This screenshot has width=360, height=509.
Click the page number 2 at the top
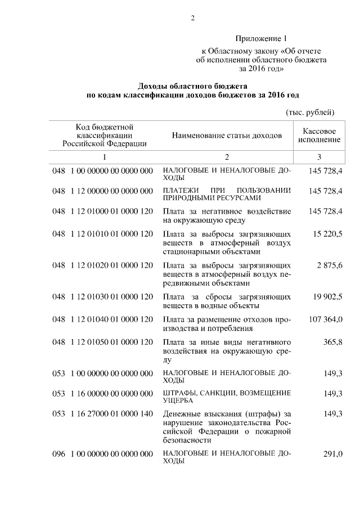(x=192, y=18)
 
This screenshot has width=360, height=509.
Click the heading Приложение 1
(x=261, y=39)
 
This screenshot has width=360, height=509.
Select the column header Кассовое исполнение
(x=319, y=134)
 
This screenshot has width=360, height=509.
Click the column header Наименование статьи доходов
(x=227, y=136)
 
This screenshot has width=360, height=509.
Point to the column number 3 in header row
(x=319, y=156)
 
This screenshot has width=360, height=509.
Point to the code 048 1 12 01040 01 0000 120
(x=102, y=319)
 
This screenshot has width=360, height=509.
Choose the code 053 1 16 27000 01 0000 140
(x=102, y=414)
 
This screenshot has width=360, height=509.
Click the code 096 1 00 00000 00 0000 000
(x=102, y=453)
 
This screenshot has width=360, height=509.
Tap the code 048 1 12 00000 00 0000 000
(x=102, y=191)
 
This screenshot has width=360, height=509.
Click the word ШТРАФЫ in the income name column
(x=180, y=392)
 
